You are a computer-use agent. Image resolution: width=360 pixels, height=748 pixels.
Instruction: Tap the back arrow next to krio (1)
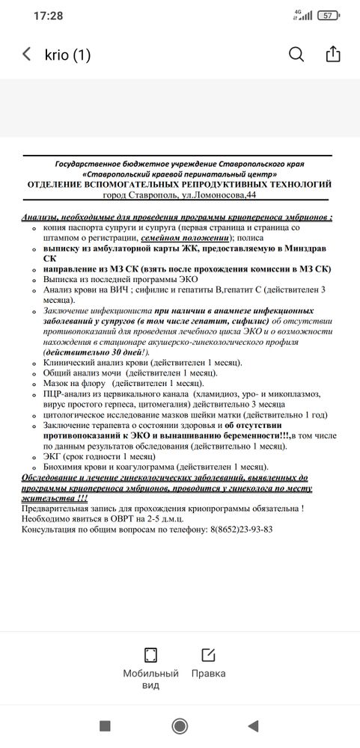pos(27,55)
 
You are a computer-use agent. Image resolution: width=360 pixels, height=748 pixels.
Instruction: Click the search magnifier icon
pos(296,55)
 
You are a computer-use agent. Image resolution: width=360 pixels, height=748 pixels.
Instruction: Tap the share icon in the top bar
pos(333,55)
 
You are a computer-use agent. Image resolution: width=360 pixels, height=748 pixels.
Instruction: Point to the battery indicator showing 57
pos(327,15)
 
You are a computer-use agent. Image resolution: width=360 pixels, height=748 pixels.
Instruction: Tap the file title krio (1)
pos(67,55)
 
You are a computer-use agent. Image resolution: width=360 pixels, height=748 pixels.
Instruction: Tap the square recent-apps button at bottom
pos(105,725)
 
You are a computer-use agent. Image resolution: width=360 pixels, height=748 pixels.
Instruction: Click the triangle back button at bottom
pos(254,725)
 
